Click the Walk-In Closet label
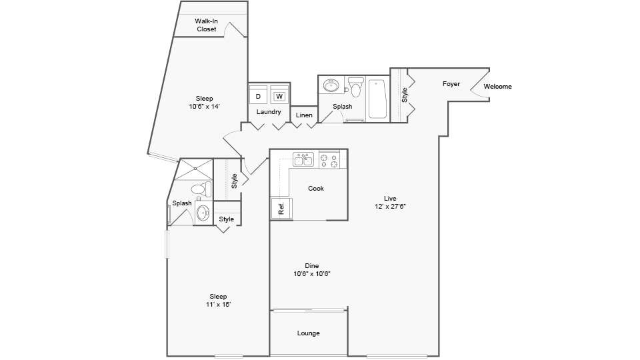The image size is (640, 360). [x=206, y=25]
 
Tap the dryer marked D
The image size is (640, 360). [x=259, y=96]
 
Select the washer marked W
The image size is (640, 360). [x=280, y=96]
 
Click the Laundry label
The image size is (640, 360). [x=269, y=112]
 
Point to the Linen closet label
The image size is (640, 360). [x=304, y=115]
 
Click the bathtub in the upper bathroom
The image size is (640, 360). [x=377, y=99]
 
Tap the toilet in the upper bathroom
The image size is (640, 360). [x=356, y=87]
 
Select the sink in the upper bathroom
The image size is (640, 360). [x=331, y=86]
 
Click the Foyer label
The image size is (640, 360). [x=451, y=84]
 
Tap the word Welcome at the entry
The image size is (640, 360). [x=497, y=87]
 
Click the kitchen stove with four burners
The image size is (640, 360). [x=329, y=160]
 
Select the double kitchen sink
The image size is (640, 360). [x=303, y=159]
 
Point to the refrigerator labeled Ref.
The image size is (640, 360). [x=279, y=207]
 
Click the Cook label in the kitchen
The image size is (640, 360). [x=316, y=189]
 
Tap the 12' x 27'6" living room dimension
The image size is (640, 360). [x=390, y=207]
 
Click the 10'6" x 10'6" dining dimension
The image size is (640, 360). [x=313, y=273]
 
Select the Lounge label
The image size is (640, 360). [x=309, y=333]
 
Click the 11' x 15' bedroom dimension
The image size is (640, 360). [x=218, y=304]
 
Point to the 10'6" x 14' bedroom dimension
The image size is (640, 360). [x=204, y=106]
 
